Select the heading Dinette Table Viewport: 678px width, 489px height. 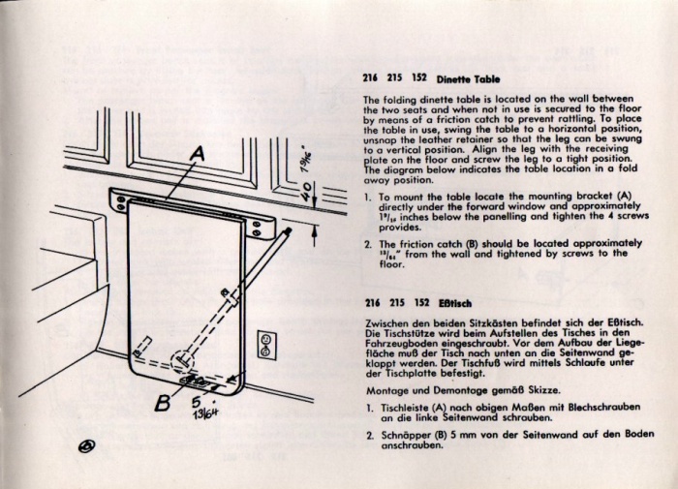tap(469, 77)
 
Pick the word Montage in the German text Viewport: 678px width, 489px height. tap(385, 388)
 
